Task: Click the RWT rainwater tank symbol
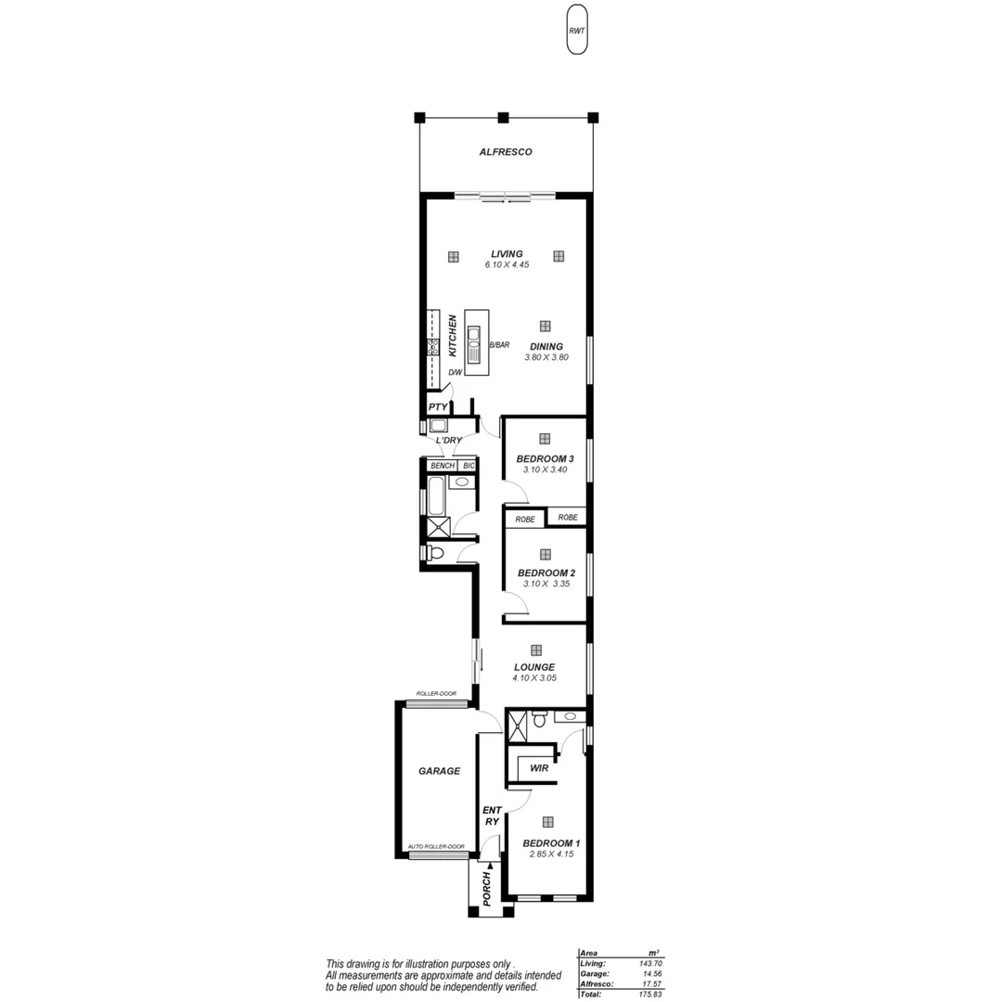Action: point(577,32)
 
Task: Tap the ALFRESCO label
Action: point(506,152)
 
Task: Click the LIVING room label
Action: point(507,253)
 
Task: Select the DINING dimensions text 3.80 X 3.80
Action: point(546,357)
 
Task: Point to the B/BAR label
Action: point(499,345)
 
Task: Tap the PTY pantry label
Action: point(438,407)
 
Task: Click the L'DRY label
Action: point(449,441)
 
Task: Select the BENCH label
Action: point(442,465)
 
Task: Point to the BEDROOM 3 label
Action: point(545,458)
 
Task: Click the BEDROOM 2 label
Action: point(546,572)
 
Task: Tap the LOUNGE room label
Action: point(534,666)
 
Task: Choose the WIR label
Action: point(538,768)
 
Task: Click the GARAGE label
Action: point(439,771)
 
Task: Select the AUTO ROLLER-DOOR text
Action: point(436,846)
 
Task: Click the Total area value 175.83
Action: point(648,994)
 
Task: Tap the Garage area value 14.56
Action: point(648,973)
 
